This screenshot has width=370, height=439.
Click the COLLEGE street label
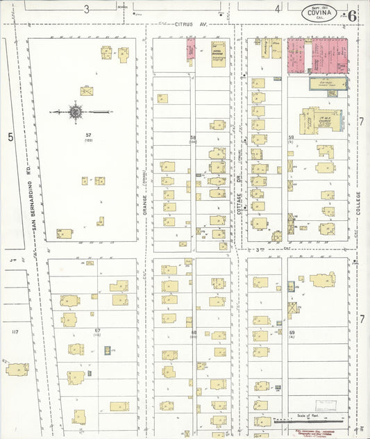358,202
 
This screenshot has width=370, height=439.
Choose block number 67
98,330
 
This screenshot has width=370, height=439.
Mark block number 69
292,333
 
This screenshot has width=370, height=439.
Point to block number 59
292,138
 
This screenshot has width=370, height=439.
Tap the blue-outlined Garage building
328,84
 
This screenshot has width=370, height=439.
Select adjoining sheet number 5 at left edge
10,138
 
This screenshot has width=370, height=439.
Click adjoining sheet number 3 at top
87,9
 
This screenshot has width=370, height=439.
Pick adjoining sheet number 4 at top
277,9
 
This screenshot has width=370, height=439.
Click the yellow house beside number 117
17,368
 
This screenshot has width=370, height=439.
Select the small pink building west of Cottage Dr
190,49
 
